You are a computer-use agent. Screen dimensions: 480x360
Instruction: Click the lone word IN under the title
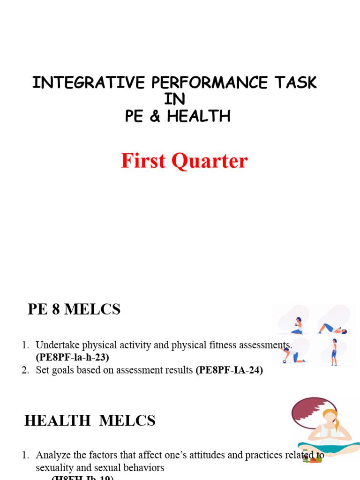[x=174, y=99]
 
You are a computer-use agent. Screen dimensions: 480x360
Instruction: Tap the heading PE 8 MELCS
[x=74, y=309]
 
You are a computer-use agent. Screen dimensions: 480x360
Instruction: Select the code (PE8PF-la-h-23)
[x=72, y=357]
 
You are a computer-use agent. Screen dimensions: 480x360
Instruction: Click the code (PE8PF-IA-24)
[x=229, y=370]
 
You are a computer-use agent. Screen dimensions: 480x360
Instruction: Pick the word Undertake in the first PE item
[x=54, y=345]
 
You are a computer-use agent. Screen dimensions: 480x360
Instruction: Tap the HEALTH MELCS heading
[x=90, y=421]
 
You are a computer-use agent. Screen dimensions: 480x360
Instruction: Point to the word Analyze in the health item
[x=52, y=455]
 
